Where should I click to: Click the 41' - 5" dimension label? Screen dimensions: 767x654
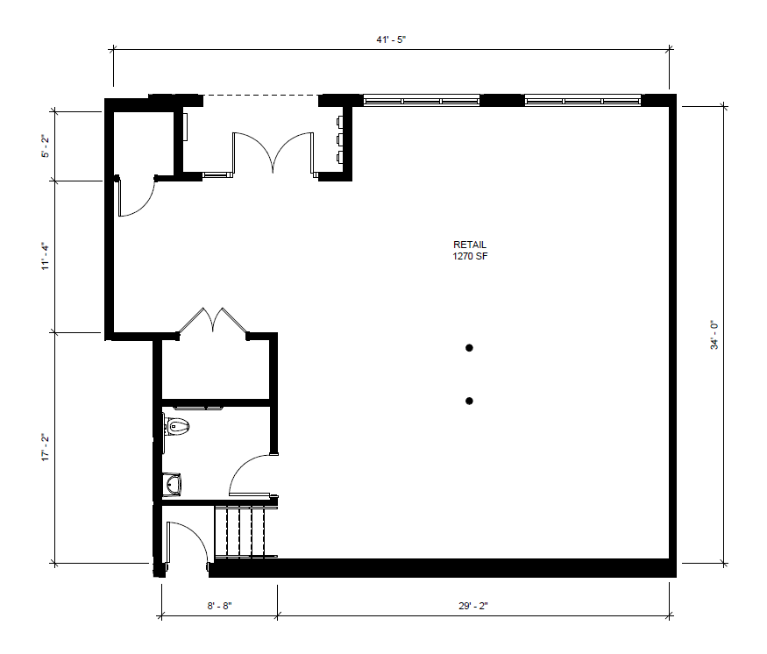[391, 39]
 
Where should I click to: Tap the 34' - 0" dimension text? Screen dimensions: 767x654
[714, 335]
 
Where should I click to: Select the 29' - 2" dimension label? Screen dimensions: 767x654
[473, 606]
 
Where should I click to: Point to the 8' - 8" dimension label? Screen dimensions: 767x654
[219, 606]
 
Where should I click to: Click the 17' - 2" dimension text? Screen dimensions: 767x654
[46, 447]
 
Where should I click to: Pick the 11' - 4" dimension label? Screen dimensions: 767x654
[46, 256]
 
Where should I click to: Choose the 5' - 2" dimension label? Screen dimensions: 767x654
[46, 146]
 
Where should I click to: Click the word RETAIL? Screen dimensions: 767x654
[470, 245]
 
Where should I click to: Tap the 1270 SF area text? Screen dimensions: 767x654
[470, 256]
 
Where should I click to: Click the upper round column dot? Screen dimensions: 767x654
[469, 348]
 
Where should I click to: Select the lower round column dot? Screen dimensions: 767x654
[469, 402]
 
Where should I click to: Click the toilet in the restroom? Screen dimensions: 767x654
[176, 427]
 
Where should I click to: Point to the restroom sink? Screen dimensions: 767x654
[172, 485]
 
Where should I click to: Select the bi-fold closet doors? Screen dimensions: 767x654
[213, 321]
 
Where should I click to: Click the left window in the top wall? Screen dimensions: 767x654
[421, 101]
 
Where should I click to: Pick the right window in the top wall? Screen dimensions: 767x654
[583, 101]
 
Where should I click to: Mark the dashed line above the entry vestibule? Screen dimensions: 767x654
[260, 95]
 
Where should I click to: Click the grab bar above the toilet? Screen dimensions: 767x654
[199, 408]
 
